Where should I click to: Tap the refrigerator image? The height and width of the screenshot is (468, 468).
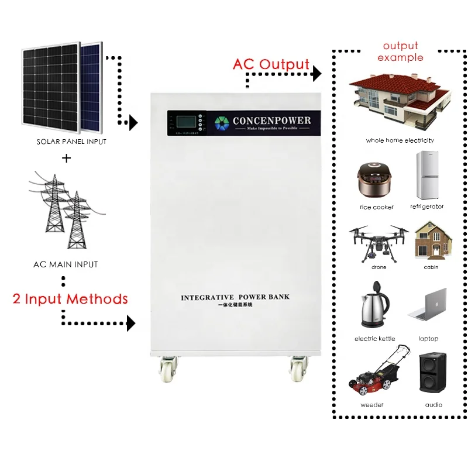pos(427,175)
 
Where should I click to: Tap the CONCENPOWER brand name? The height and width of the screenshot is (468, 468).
pos(271,121)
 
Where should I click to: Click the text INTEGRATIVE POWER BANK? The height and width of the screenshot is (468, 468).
pos(235,297)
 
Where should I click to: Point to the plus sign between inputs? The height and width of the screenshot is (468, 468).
pos(66,158)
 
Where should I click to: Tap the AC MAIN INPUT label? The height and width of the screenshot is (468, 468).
pos(66,264)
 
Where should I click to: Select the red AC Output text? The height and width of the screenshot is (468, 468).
pos(271,64)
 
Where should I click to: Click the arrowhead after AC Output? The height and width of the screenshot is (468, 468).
pos(316,74)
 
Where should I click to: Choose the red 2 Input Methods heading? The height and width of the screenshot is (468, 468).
pos(70,299)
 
